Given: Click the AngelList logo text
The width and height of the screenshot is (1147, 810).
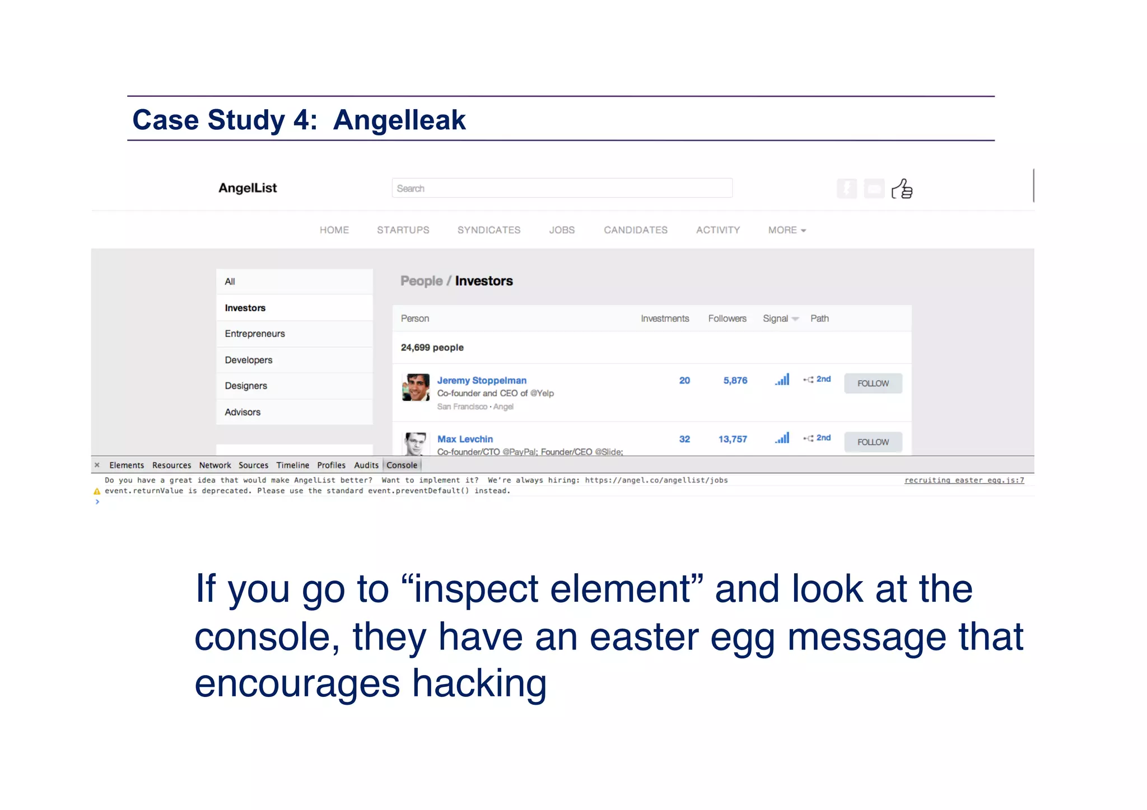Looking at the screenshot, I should [248, 188].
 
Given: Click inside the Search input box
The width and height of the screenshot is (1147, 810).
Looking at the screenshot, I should [562, 188].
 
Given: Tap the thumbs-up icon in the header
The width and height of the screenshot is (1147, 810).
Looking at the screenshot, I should [902, 189].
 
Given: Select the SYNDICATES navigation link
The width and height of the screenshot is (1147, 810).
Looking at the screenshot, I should [488, 230].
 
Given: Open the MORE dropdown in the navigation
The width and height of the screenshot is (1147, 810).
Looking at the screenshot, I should [786, 230].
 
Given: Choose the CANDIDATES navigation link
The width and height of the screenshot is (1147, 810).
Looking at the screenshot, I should [635, 230].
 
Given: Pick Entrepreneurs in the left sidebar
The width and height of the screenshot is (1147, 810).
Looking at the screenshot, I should [255, 334].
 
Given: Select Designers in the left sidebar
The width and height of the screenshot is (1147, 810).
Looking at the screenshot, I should [246, 386].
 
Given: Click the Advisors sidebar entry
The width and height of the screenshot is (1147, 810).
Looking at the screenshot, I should [243, 412].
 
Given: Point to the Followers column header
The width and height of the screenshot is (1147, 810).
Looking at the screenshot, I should [727, 319].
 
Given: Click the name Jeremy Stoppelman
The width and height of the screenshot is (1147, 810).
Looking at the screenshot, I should [482, 381].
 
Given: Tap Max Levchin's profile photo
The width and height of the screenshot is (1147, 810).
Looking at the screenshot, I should [416, 443].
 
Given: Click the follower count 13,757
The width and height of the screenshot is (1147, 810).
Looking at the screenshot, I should [733, 439].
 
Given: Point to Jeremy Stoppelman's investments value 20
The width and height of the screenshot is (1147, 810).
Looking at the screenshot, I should [684, 381].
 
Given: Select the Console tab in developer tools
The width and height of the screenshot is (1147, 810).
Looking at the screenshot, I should [402, 465].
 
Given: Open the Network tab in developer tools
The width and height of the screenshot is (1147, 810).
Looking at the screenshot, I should [215, 465].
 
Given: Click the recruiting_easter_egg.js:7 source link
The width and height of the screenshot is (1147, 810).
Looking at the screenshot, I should [964, 480].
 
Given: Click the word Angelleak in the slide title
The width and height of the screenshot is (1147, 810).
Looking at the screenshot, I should [399, 120].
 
